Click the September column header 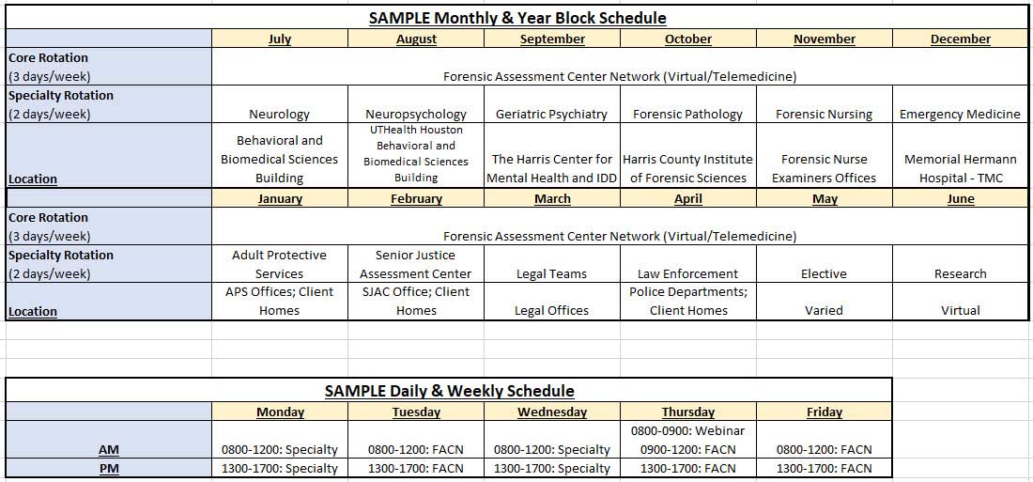click(552, 39)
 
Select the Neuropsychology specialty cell click(416, 114)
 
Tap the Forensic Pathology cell click(687, 114)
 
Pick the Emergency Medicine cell click(960, 114)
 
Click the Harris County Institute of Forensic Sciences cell click(687, 169)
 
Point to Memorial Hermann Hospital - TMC click(961, 169)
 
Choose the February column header click(416, 198)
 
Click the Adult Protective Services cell click(279, 264)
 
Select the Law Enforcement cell click(687, 273)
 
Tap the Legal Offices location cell click(552, 311)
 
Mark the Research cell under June click(960, 273)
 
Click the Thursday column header click(687, 412)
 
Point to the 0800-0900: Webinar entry click(687, 431)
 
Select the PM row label click(109, 469)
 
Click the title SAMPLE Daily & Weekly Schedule click(449, 391)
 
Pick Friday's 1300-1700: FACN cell click(825, 469)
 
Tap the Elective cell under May click(824, 273)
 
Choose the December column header click(961, 39)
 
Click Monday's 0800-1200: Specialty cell click(279, 450)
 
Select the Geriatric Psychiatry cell click(551, 114)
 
